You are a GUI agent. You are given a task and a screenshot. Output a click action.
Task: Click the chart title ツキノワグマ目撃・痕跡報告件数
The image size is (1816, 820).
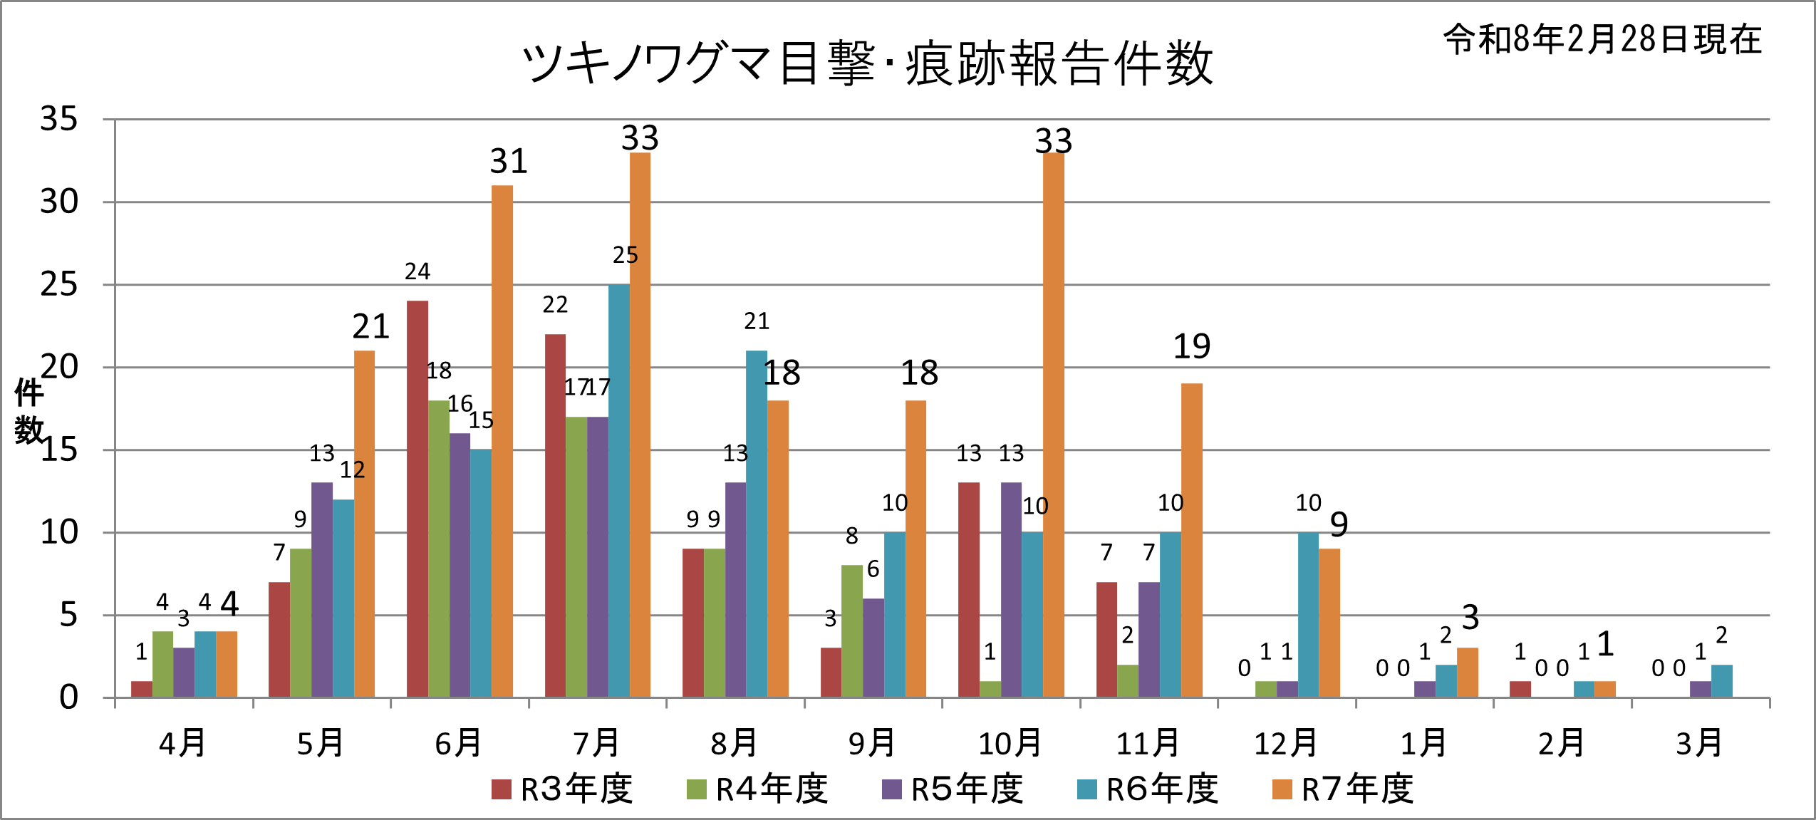point(867,63)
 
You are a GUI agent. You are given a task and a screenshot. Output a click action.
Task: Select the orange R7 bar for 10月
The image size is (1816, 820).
point(1054,425)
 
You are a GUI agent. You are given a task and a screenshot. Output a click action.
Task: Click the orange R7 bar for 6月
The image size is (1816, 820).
point(502,442)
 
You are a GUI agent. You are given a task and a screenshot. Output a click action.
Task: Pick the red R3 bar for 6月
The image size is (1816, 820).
point(417,499)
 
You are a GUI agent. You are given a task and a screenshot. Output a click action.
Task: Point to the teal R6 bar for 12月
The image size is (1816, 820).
point(1308,614)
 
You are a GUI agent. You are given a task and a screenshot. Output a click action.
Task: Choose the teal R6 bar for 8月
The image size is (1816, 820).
point(757,524)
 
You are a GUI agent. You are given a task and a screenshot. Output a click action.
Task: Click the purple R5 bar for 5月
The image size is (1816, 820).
point(322,590)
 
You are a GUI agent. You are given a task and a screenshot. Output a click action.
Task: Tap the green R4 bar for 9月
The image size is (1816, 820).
point(852,631)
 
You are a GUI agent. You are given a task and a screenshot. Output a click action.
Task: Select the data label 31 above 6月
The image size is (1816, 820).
point(509,162)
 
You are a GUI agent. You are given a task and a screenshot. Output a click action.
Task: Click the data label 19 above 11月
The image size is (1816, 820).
point(1192,347)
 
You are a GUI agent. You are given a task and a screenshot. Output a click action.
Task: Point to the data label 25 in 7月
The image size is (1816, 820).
point(626,255)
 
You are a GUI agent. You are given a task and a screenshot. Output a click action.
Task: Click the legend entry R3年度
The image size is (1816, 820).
point(563,789)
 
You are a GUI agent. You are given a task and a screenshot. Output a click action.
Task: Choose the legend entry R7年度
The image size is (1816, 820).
point(1344,789)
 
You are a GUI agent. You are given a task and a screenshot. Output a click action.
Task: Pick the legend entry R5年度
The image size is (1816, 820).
point(953,789)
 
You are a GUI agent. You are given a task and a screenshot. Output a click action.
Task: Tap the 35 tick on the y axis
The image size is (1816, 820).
point(59,119)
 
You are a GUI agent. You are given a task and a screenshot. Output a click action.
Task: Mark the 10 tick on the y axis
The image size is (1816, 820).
point(59,532)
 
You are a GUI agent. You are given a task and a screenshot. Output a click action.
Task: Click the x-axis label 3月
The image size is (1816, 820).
point(1700,744)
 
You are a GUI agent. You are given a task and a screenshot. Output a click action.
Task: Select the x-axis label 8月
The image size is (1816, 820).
point(735,744)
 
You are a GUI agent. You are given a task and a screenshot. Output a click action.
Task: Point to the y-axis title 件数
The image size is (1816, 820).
point(29,412)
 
